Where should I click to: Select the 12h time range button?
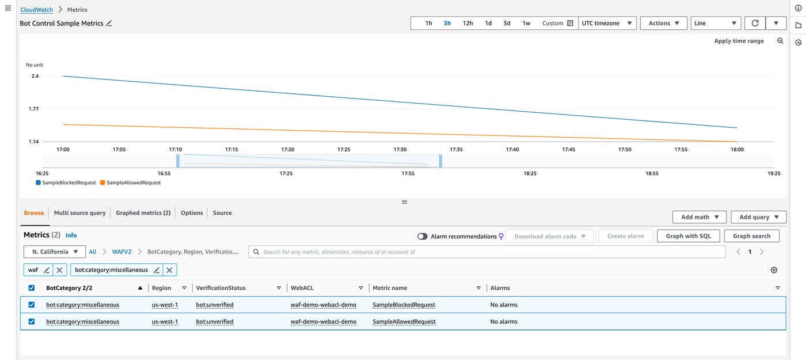[467, 24]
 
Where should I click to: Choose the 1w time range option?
[526, 24]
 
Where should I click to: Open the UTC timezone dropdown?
[607, 24]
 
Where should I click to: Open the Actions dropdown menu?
[663, 24]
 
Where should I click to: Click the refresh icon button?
[755, 24]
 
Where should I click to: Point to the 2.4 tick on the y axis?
[35, 76]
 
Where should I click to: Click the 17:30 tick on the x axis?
[400, 149]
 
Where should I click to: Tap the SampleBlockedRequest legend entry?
[66, 183]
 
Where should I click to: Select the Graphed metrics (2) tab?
[143, 213]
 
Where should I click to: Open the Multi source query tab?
[79, 213]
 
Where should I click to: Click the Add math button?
[699, 217]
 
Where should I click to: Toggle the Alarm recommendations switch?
[423, 236]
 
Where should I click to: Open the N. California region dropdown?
[55, 252]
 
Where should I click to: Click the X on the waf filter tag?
[60, 270]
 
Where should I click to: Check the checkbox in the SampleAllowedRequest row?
[32, 321]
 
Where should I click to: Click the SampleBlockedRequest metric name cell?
[404, 305]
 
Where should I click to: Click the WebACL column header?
[302, 288]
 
